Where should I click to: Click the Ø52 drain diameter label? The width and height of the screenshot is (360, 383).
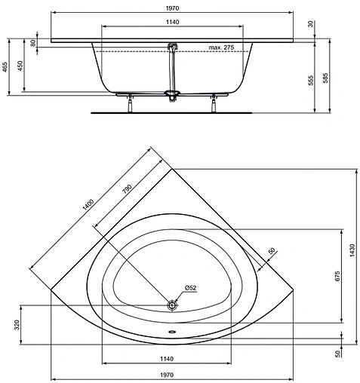191,287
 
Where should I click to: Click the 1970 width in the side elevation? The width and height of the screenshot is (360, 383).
173,9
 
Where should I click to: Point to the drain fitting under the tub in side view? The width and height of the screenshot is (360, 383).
173,94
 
